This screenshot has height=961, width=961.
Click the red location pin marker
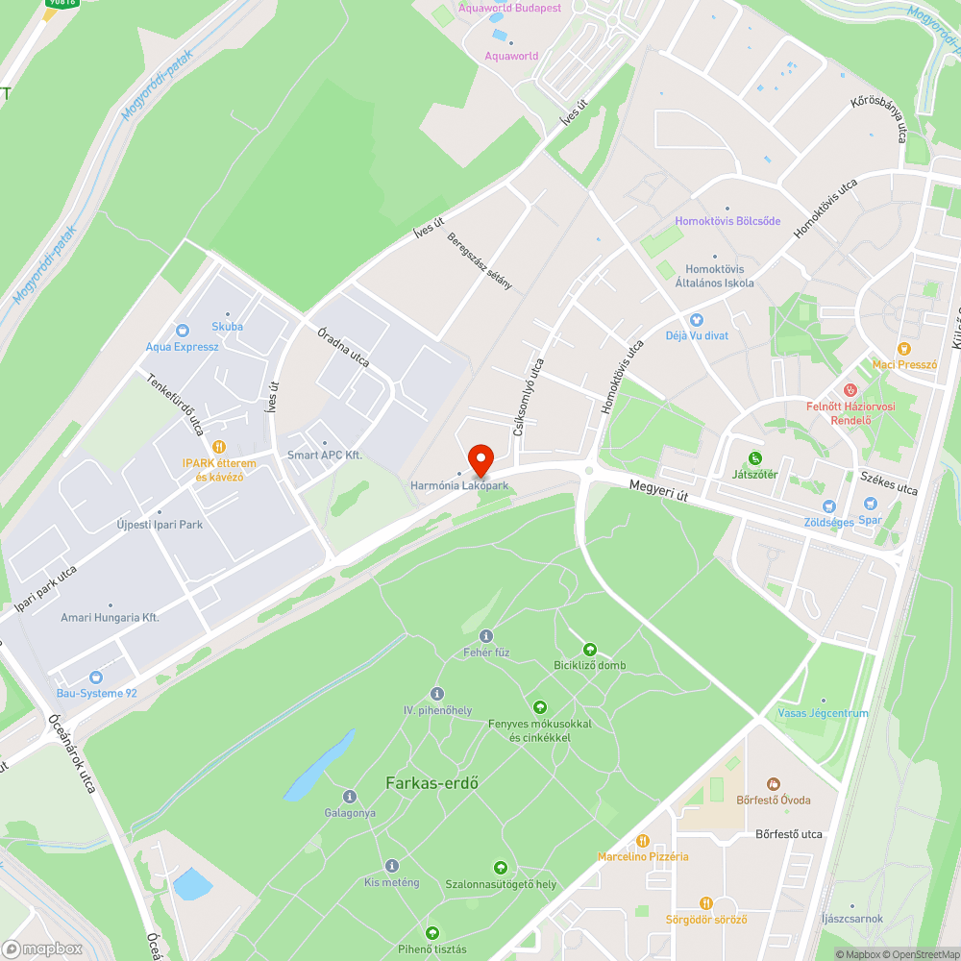pos(480,459)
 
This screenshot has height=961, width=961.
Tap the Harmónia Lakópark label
pos(459,486)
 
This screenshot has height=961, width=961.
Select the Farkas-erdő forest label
pos(431,782)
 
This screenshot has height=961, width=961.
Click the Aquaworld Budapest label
pos(509,9)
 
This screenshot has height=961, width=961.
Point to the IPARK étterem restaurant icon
pos(219,446)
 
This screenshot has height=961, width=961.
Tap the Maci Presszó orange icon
pos(903,349)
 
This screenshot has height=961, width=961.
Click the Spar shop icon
pos(870,504)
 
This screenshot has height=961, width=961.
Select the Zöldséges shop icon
pos(828,505)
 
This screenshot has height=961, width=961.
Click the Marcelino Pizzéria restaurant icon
pos(643,841)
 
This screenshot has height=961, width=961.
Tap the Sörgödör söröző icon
pos(706,903)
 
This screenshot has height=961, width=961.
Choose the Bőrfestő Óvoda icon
pos(774,785)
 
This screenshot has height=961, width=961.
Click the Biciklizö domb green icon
pos(590,650)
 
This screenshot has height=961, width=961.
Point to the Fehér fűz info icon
pos(485,636)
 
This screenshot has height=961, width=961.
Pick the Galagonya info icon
pos(350,797)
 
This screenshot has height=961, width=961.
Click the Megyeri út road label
pos(660,489)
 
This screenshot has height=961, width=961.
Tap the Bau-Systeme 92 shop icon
pos(95,677)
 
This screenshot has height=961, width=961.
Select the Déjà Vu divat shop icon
pos(697,320)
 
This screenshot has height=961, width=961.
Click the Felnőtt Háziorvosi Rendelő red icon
pos(850,390)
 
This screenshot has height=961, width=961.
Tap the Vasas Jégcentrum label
pos(823,713)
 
